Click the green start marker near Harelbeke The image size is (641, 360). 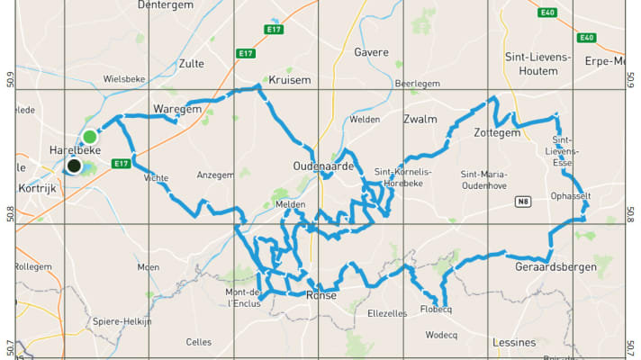coord(90,137)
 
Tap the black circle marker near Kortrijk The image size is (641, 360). coord(73,166)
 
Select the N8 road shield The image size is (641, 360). coord(523,202)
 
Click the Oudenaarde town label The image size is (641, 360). coord(321,166)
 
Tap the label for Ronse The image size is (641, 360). coord(321,295)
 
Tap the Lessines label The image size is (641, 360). coord(514,343)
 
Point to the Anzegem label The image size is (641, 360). coord(214,175)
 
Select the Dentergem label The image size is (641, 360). coord(167,4)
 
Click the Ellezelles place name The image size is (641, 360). coord(388,313)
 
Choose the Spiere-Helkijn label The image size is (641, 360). coord(122,320)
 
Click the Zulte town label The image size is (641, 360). coord(191,64)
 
